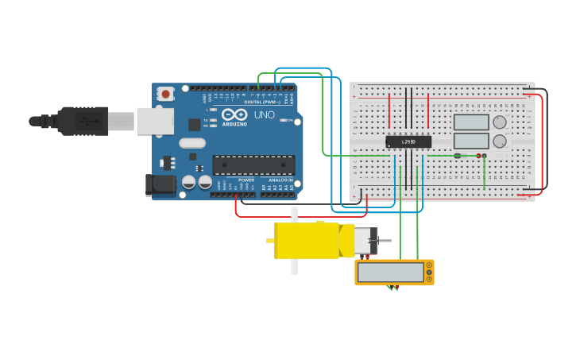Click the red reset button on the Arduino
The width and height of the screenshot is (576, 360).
click(165, 94)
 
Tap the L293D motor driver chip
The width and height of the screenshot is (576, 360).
click(408, 141)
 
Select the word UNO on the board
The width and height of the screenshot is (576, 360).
click(264, 114)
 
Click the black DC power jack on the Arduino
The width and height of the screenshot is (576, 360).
click(161, 184)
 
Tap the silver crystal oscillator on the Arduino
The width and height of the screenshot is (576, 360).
click(192, 143)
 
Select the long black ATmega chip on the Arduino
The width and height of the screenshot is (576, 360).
click(253, 165)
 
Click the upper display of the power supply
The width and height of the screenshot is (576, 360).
click(471, 122)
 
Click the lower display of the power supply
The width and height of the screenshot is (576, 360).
click(471, 141)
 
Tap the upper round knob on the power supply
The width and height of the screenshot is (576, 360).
click(500, 122)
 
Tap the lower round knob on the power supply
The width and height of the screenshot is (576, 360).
click(500, 141)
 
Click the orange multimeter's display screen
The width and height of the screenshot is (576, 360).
click(390, 273)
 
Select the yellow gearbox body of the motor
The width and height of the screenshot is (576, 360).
click(306, 240)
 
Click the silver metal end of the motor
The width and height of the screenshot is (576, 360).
click(365, 240)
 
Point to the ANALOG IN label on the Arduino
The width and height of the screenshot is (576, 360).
click(280, 180)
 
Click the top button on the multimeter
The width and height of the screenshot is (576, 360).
click(429, 265)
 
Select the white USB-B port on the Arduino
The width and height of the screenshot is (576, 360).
click(155, 121)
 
